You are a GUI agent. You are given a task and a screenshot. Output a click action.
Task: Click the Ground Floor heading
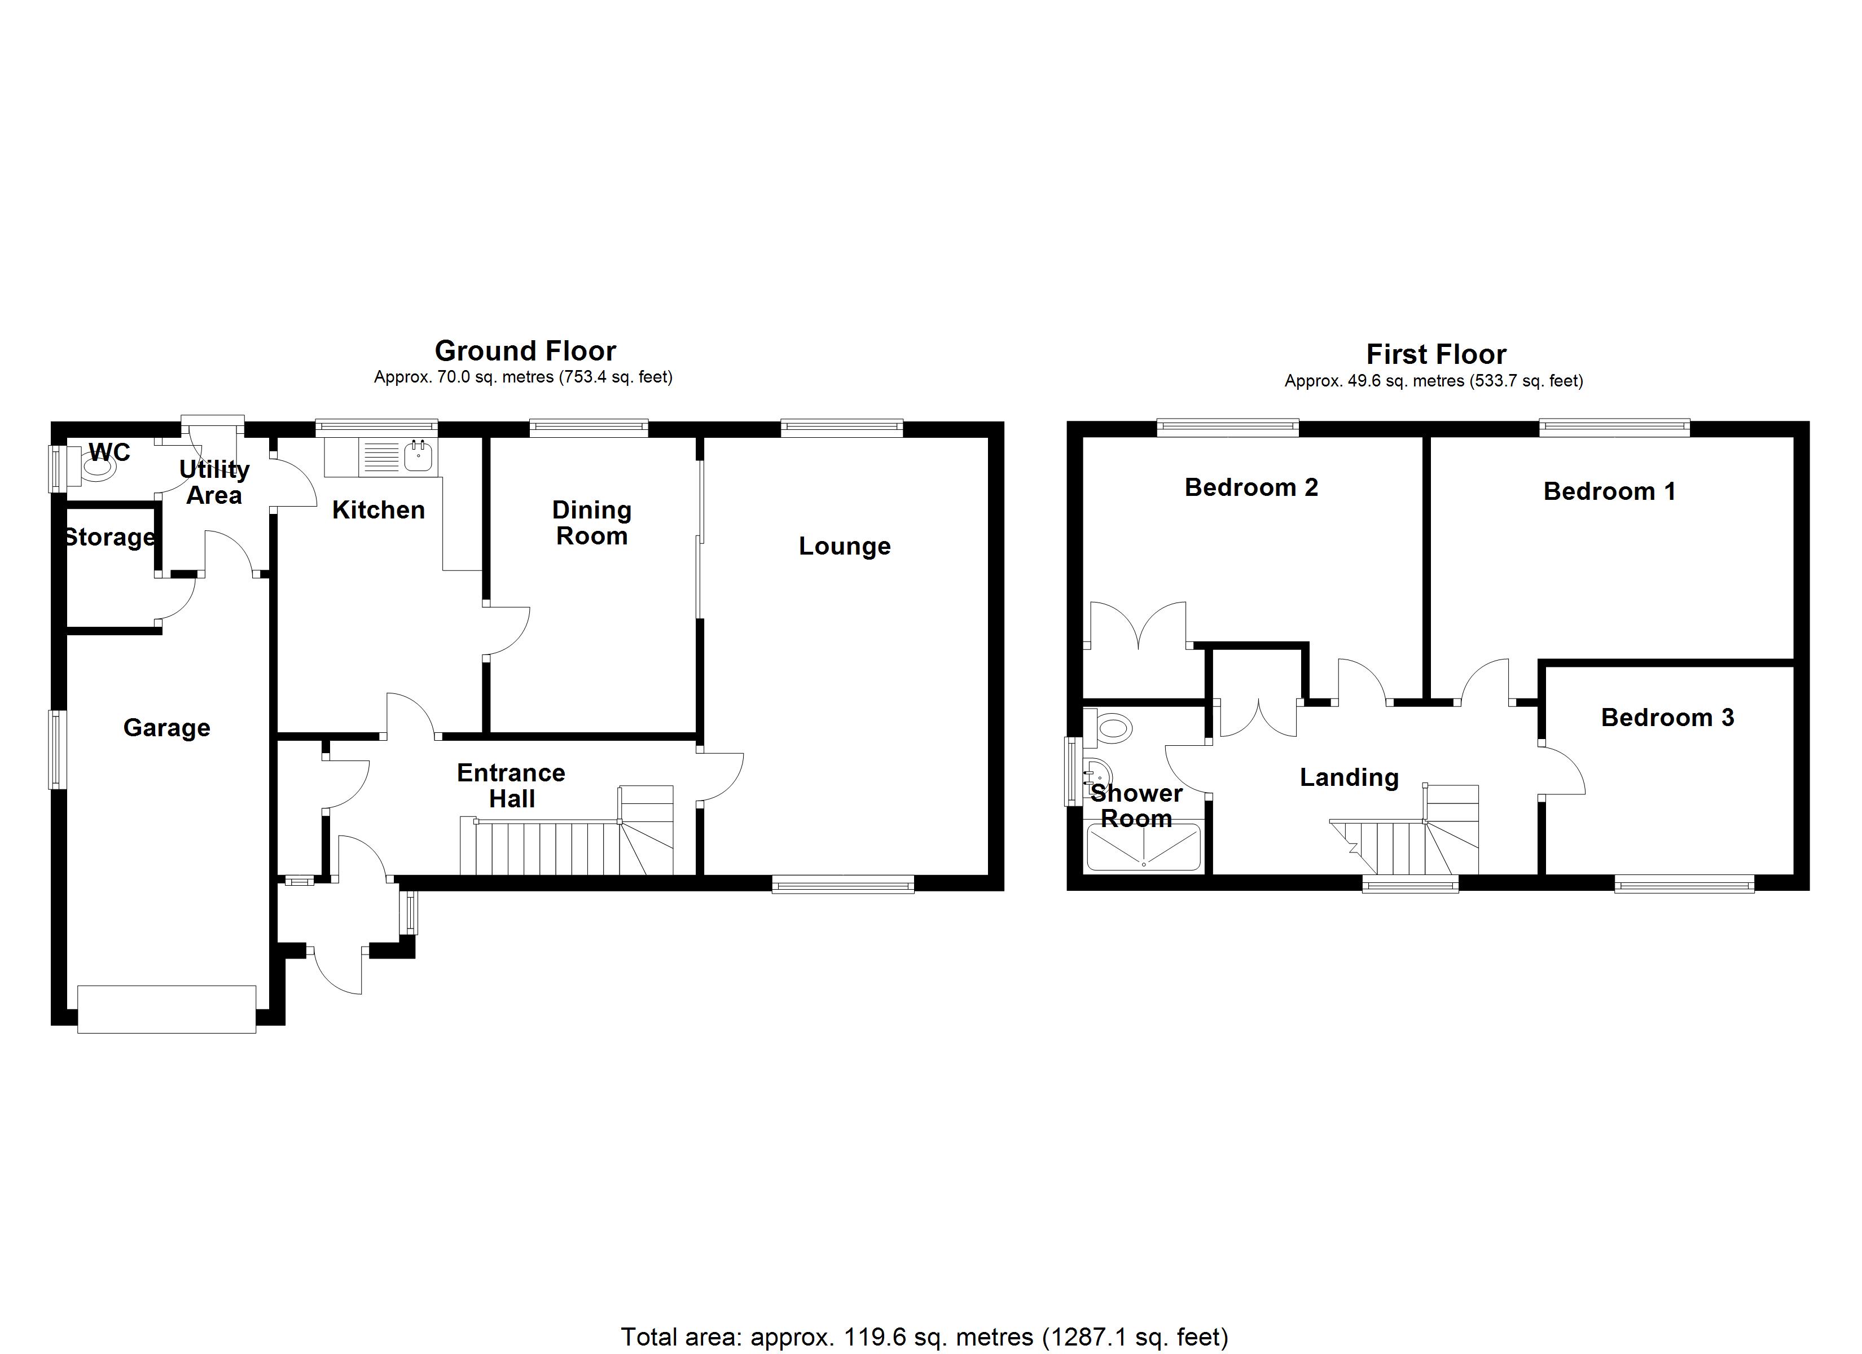(x=525, y=351)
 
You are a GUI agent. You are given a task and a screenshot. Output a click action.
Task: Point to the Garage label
(x=166, y=728)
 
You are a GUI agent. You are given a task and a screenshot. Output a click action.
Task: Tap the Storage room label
(x=109, y=538)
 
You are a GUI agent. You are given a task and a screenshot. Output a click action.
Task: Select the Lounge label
(x=844, y=546)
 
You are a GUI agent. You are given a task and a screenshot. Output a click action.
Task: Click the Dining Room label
(x=591, y=523)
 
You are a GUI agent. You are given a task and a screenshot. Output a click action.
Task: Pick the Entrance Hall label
(x=511, y=786)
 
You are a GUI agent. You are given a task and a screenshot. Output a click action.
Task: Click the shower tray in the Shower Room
(x=1143, y=847)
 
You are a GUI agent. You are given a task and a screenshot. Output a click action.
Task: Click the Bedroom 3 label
(x=1667, y=718)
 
